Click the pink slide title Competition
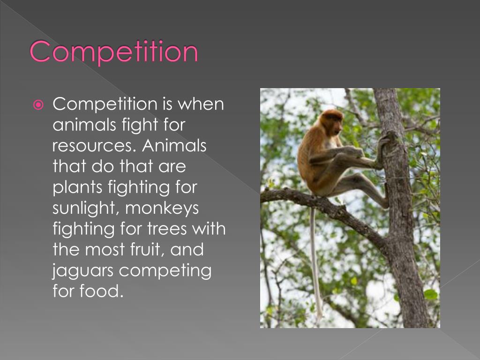click(114, 52)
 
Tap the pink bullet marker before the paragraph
click(39, 104)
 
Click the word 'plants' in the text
click(76, 187)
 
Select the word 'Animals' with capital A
click(174, 145)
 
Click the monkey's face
click(334, 123)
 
